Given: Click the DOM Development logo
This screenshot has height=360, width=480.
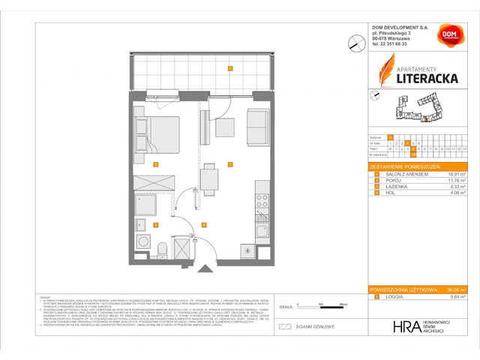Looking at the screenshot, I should tap(448, 37).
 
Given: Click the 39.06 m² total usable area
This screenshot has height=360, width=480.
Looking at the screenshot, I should tap(454, 289).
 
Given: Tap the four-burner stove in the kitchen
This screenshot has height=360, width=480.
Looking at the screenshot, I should tap(262, 200).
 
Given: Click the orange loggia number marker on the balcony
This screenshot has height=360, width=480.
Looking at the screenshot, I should tap(229, 69).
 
